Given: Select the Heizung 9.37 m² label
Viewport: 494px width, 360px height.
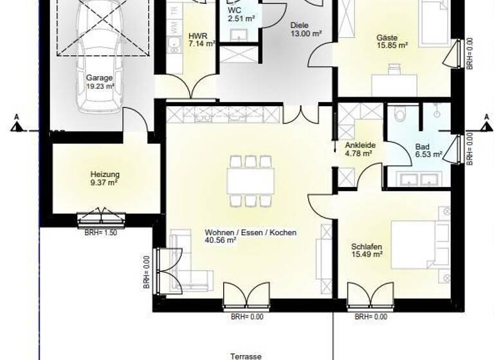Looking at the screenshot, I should (105, 177).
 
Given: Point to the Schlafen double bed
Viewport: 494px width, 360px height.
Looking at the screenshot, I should (414, 244).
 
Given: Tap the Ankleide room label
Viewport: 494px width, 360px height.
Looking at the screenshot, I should (360, 149).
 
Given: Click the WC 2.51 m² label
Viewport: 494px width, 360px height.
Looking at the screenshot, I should (241, 15).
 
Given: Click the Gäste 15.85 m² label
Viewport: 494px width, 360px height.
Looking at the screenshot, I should (392, 41).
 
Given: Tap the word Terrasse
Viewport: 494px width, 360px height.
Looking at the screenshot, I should (247, 355).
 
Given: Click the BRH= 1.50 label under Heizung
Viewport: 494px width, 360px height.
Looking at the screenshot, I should (100, 233).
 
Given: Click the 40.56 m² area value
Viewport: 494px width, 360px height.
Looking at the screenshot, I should (221, 240).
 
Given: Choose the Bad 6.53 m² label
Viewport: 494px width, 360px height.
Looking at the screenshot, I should (428, 150).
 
